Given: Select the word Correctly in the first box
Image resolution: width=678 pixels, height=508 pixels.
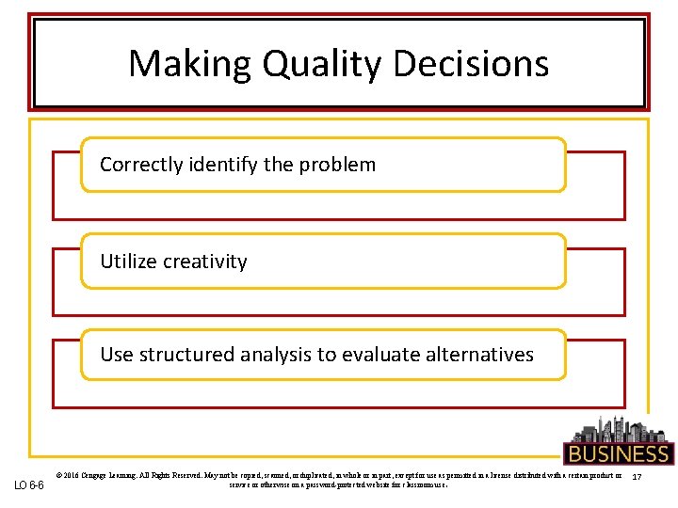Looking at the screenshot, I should point(140,165).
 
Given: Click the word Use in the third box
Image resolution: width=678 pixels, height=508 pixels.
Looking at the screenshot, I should point(117,355).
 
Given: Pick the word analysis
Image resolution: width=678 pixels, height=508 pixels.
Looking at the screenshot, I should point(275,355).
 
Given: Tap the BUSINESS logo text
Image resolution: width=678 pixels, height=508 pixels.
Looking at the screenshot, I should point(618,454).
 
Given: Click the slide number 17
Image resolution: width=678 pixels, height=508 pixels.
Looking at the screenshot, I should point(637,480).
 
